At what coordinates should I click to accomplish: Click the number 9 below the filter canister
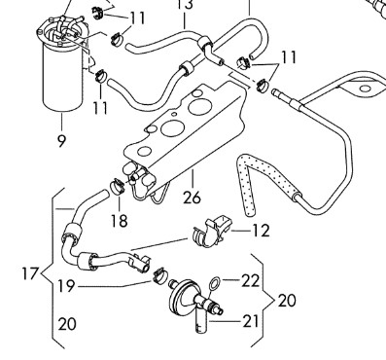pyautogui.click(x=61, y=140)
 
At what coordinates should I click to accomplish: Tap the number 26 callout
pyautogui.click(x=192, y=197)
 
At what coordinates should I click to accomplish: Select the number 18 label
pyautogui.click(x=119, y=221)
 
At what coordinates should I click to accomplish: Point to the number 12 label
pyautogui.click(x=261, y=231)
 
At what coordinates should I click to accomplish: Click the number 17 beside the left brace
pyautogui.click(x=30, y=273)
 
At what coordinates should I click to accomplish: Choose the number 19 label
pyautogui.click(x=67, y=286)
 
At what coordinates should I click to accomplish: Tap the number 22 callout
pyautogui.click(x=251, y=281)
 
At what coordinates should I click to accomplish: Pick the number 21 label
pyautogui.click(x=251, y=321)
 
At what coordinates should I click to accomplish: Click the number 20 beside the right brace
pyautogui.click(x=287, y=301)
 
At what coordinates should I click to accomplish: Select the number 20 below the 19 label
pyautogui.click(x=67, y=324)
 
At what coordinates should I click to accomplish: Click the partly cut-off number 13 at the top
pyautogui.click(x=185, y=4)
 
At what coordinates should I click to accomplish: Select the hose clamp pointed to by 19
pyautogui.click(x=159, y=275)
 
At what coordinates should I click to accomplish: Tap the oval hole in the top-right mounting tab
pyautogui.click(x=366, y=89)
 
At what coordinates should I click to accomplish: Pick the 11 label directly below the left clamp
pyautogui.click(x=100, y=107)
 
